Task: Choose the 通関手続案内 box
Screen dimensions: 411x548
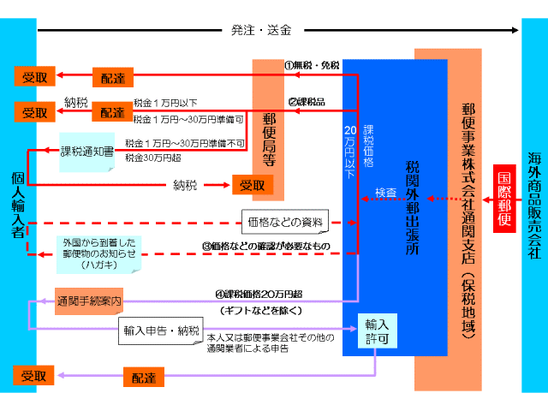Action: pos(89,301)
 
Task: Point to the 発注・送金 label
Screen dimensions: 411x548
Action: pos(262,31)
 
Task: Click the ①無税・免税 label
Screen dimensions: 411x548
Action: pos(312,66)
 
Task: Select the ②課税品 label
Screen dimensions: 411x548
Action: pos(306,101)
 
